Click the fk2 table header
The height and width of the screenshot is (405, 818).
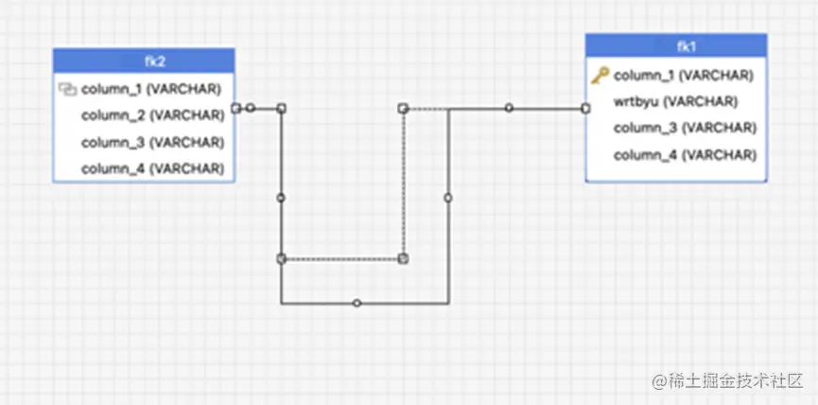(143, 62)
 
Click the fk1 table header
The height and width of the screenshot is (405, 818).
(676, 46)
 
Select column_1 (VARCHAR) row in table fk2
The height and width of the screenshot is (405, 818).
(151, 89)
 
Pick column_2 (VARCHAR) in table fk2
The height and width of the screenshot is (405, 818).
(151, 115)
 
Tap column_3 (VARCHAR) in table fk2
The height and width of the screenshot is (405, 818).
(151, 142)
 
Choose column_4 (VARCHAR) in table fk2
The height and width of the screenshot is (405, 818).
(151, 168)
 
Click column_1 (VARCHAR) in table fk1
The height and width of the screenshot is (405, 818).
(683, 75)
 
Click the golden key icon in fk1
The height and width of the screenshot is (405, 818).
(600, 75)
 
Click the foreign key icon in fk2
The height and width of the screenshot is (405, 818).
(66, 89)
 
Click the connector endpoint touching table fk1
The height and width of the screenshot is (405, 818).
(586, 108)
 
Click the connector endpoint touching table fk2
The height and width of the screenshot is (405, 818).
(235, 108)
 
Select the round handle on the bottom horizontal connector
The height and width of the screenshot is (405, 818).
(357, 303)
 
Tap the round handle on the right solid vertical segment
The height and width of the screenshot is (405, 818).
(448, 198)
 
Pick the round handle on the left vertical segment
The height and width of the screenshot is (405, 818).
(281, 198)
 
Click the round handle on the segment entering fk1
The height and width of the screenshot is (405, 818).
(509, 108)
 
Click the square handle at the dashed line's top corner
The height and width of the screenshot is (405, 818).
(403, 109)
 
